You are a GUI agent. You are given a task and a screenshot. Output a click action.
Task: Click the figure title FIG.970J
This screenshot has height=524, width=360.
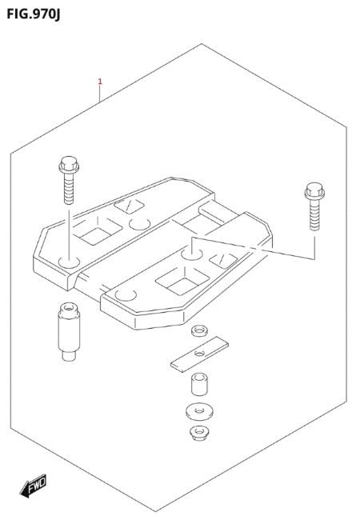point(34,14)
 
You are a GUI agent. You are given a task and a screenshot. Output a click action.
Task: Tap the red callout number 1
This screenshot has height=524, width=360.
point(100,82)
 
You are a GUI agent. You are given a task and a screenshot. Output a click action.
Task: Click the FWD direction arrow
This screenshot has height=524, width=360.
point(33,486)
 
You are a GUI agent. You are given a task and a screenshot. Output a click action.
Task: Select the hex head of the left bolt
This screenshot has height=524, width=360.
point(69,164)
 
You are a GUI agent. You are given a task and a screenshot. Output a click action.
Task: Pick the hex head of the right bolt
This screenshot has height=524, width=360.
point(314,190)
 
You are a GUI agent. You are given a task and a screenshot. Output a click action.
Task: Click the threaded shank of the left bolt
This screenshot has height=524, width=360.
point(69,188)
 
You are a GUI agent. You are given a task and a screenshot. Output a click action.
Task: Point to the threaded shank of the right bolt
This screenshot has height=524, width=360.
point(314,214)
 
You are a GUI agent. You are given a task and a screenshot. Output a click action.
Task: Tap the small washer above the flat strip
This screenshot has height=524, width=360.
point(199,331)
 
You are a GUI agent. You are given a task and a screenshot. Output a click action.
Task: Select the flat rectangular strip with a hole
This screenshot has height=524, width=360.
point(199,354)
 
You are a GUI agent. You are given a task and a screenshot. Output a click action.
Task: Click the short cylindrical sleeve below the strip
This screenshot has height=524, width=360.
point(199,384)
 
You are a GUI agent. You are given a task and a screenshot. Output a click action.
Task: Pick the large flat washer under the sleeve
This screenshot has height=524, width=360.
point(199,411)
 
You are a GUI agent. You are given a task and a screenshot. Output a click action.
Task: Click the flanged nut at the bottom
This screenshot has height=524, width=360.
point(199,433)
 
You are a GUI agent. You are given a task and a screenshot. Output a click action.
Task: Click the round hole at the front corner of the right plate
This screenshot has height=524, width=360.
point(126,295)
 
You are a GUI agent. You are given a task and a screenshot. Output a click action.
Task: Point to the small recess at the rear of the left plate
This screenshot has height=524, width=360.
point(129,205)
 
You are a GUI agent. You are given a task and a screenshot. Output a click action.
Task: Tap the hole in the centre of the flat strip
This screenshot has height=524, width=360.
point(199,353)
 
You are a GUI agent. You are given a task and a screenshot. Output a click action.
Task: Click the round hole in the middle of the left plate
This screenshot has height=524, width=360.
point(140,224)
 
